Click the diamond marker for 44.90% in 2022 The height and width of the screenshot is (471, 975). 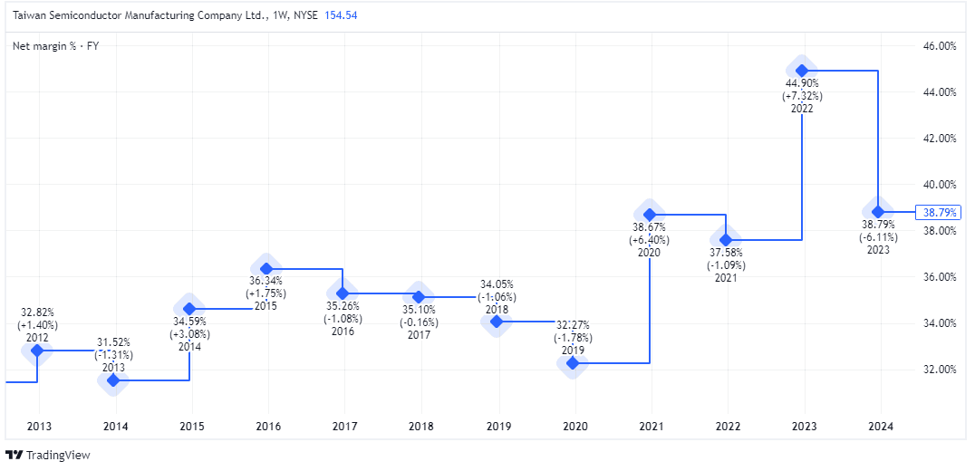(x=802, y=70)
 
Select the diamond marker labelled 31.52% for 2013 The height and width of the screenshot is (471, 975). (x=113, y=380)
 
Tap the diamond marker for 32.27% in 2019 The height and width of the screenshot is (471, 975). (x=572, y=363)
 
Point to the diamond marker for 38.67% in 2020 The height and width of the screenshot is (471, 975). (x=649, y=215)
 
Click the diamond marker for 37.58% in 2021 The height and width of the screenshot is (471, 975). (x=725, y=240)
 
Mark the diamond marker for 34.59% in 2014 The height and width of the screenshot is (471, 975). (x=189, y=309)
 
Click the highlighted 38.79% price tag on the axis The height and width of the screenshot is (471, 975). (x=938, y=213)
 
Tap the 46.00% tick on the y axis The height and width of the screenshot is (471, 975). (x=939, y=46)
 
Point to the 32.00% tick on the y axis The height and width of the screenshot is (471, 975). (x=939, y=370)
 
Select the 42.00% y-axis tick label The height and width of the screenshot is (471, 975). (x=939, y=139)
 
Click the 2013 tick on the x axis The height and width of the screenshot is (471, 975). (x=38, y=426)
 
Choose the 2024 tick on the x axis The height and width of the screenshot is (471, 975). (x=879, y=426)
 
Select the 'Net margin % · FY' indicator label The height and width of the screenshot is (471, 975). (x=55, y=46)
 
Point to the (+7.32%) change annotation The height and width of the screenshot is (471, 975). (x=802, y=96)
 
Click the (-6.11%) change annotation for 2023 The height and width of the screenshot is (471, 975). (x=878, y=236)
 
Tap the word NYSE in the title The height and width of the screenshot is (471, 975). (x=305, y=15)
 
